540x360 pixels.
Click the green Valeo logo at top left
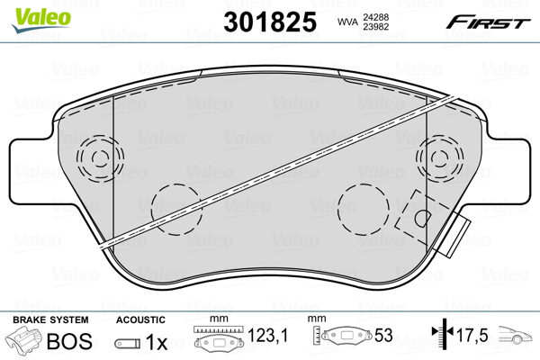tap(32, 13)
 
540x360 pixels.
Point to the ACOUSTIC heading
tap(140, 319)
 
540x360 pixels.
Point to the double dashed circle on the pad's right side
tap(438, 160)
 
